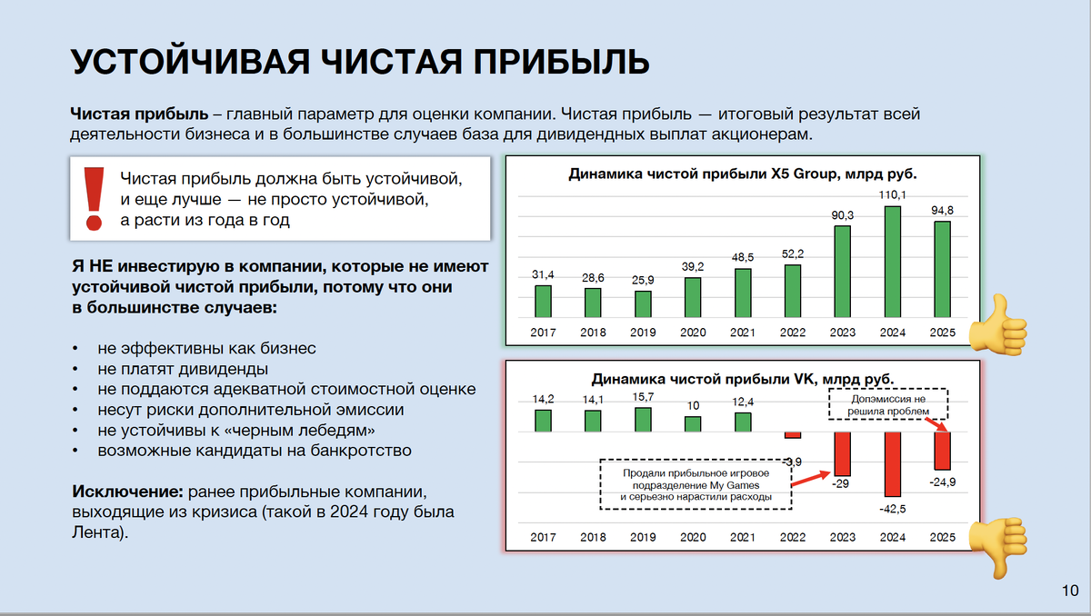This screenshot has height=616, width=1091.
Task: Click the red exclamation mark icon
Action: (92, 197)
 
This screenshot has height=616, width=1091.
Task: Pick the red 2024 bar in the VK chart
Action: (892, 463)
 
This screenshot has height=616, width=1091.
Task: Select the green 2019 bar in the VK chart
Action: (643, 419)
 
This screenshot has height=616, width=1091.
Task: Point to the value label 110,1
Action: (892, 195)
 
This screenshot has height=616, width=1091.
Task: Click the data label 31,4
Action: (543, 274)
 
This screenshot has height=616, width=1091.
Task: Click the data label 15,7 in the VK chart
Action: (643, 397)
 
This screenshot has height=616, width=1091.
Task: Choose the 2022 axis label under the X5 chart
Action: (792, 333)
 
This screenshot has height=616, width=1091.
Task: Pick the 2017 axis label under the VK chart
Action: (543, 537)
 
